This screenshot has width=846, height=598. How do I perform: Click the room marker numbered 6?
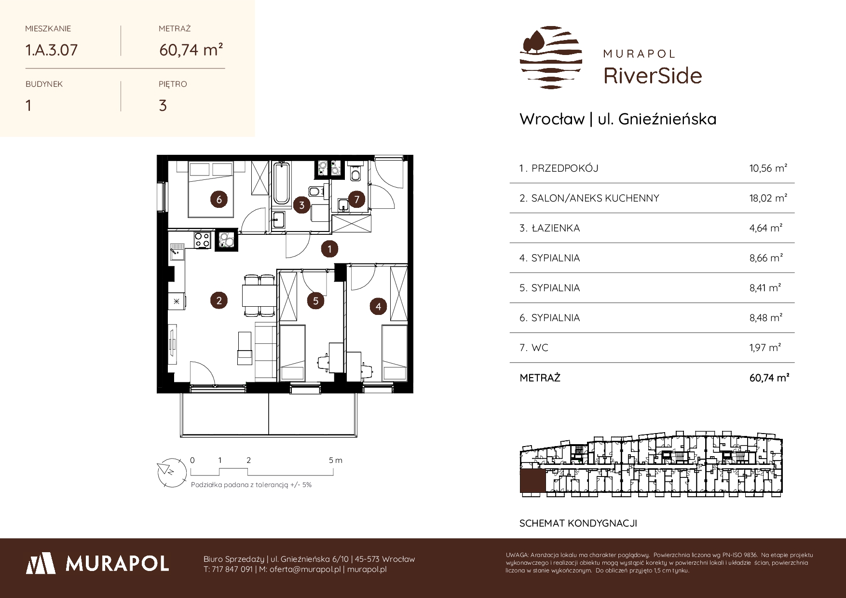pyautogui.click(x=219, y=199)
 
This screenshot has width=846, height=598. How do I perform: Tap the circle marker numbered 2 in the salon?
pyautogui.click(x=219, y=301)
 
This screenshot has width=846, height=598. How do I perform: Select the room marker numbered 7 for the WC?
pyautogui.click(x=357, y=199)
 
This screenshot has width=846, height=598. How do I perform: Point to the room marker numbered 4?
pyautogui.click(x=378, y=306)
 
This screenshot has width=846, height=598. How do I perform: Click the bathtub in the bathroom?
pyautogui.click(x=280, y=184)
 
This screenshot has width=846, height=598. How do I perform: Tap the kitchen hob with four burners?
pyautogui.click(x=202, y=240)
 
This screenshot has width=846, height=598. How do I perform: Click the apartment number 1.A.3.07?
pyautogui.click(x=52, y=50)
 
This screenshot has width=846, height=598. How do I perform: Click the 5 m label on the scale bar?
pyautogui.click(x=336, y=460)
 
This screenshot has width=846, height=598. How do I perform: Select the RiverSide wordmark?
pyautogui.click(x=653, y=75)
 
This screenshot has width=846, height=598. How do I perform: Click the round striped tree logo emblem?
pyautogui.click(x=551, y=57)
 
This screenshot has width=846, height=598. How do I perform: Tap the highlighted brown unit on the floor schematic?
pyautogui.click(x=533, y=482)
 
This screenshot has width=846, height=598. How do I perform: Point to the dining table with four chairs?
pyautogui.click(x=259, y=295)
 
